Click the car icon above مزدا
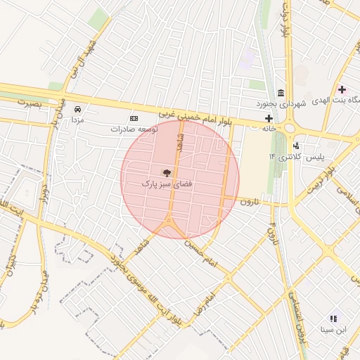pyautogui.click(x=77, y=110)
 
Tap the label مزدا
pyautogui.click(x=77, y=120)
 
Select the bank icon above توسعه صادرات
pyautogui.click(x=134, y=119)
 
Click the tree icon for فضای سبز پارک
pyautogui.click(x=167, y=172)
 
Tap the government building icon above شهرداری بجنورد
pyautogui.click(x=281, y=94)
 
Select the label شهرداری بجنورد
pyautogui.click(x=281, y=104)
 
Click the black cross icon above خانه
pyautogui.click(x=269, y=118)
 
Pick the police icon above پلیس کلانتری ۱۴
pyautogui.click(x=296, y=146)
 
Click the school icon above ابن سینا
pyautogui.click(x=333, y=319)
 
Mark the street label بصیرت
pyautogui.click(x=30, y=103)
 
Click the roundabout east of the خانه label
pyautogui.click(x=290, y=129)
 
